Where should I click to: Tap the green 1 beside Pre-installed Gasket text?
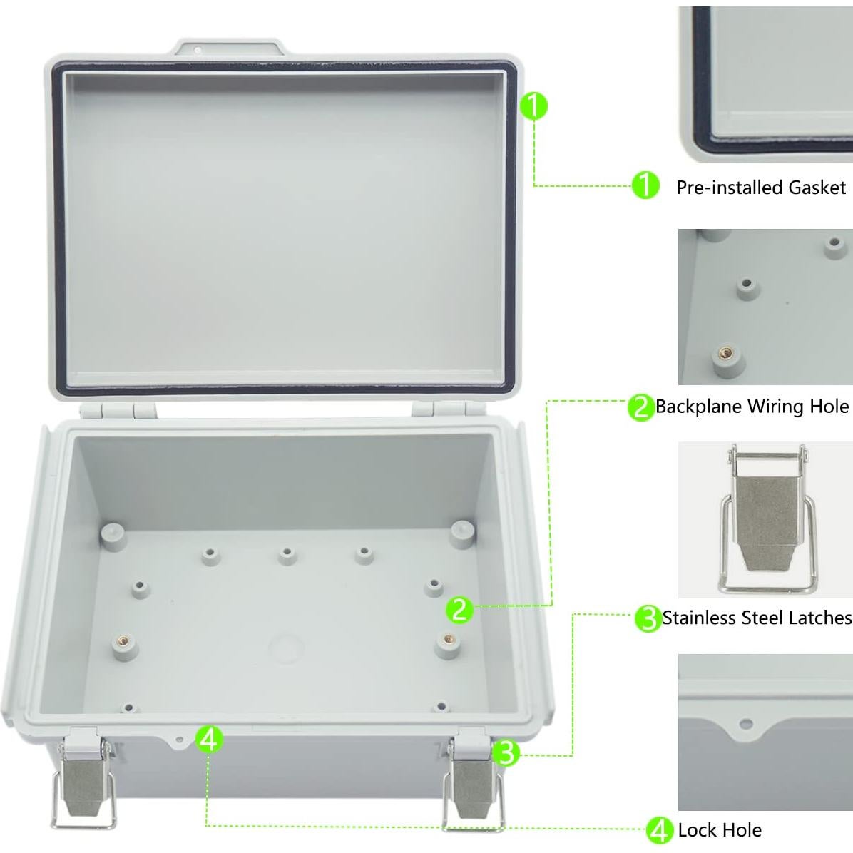tap(645, 186)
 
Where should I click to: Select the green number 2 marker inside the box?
tap(459, 610)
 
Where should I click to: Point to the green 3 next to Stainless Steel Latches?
tap(648, 618)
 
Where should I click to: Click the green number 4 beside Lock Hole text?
tap(659, 830)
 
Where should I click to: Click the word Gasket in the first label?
tap(817, 188)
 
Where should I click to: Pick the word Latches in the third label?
tap(821, 618)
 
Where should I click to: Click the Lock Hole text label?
tap(719, 830)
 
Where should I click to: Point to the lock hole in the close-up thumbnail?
tap(746, 725)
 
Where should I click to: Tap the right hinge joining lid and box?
tap(441, 409)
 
